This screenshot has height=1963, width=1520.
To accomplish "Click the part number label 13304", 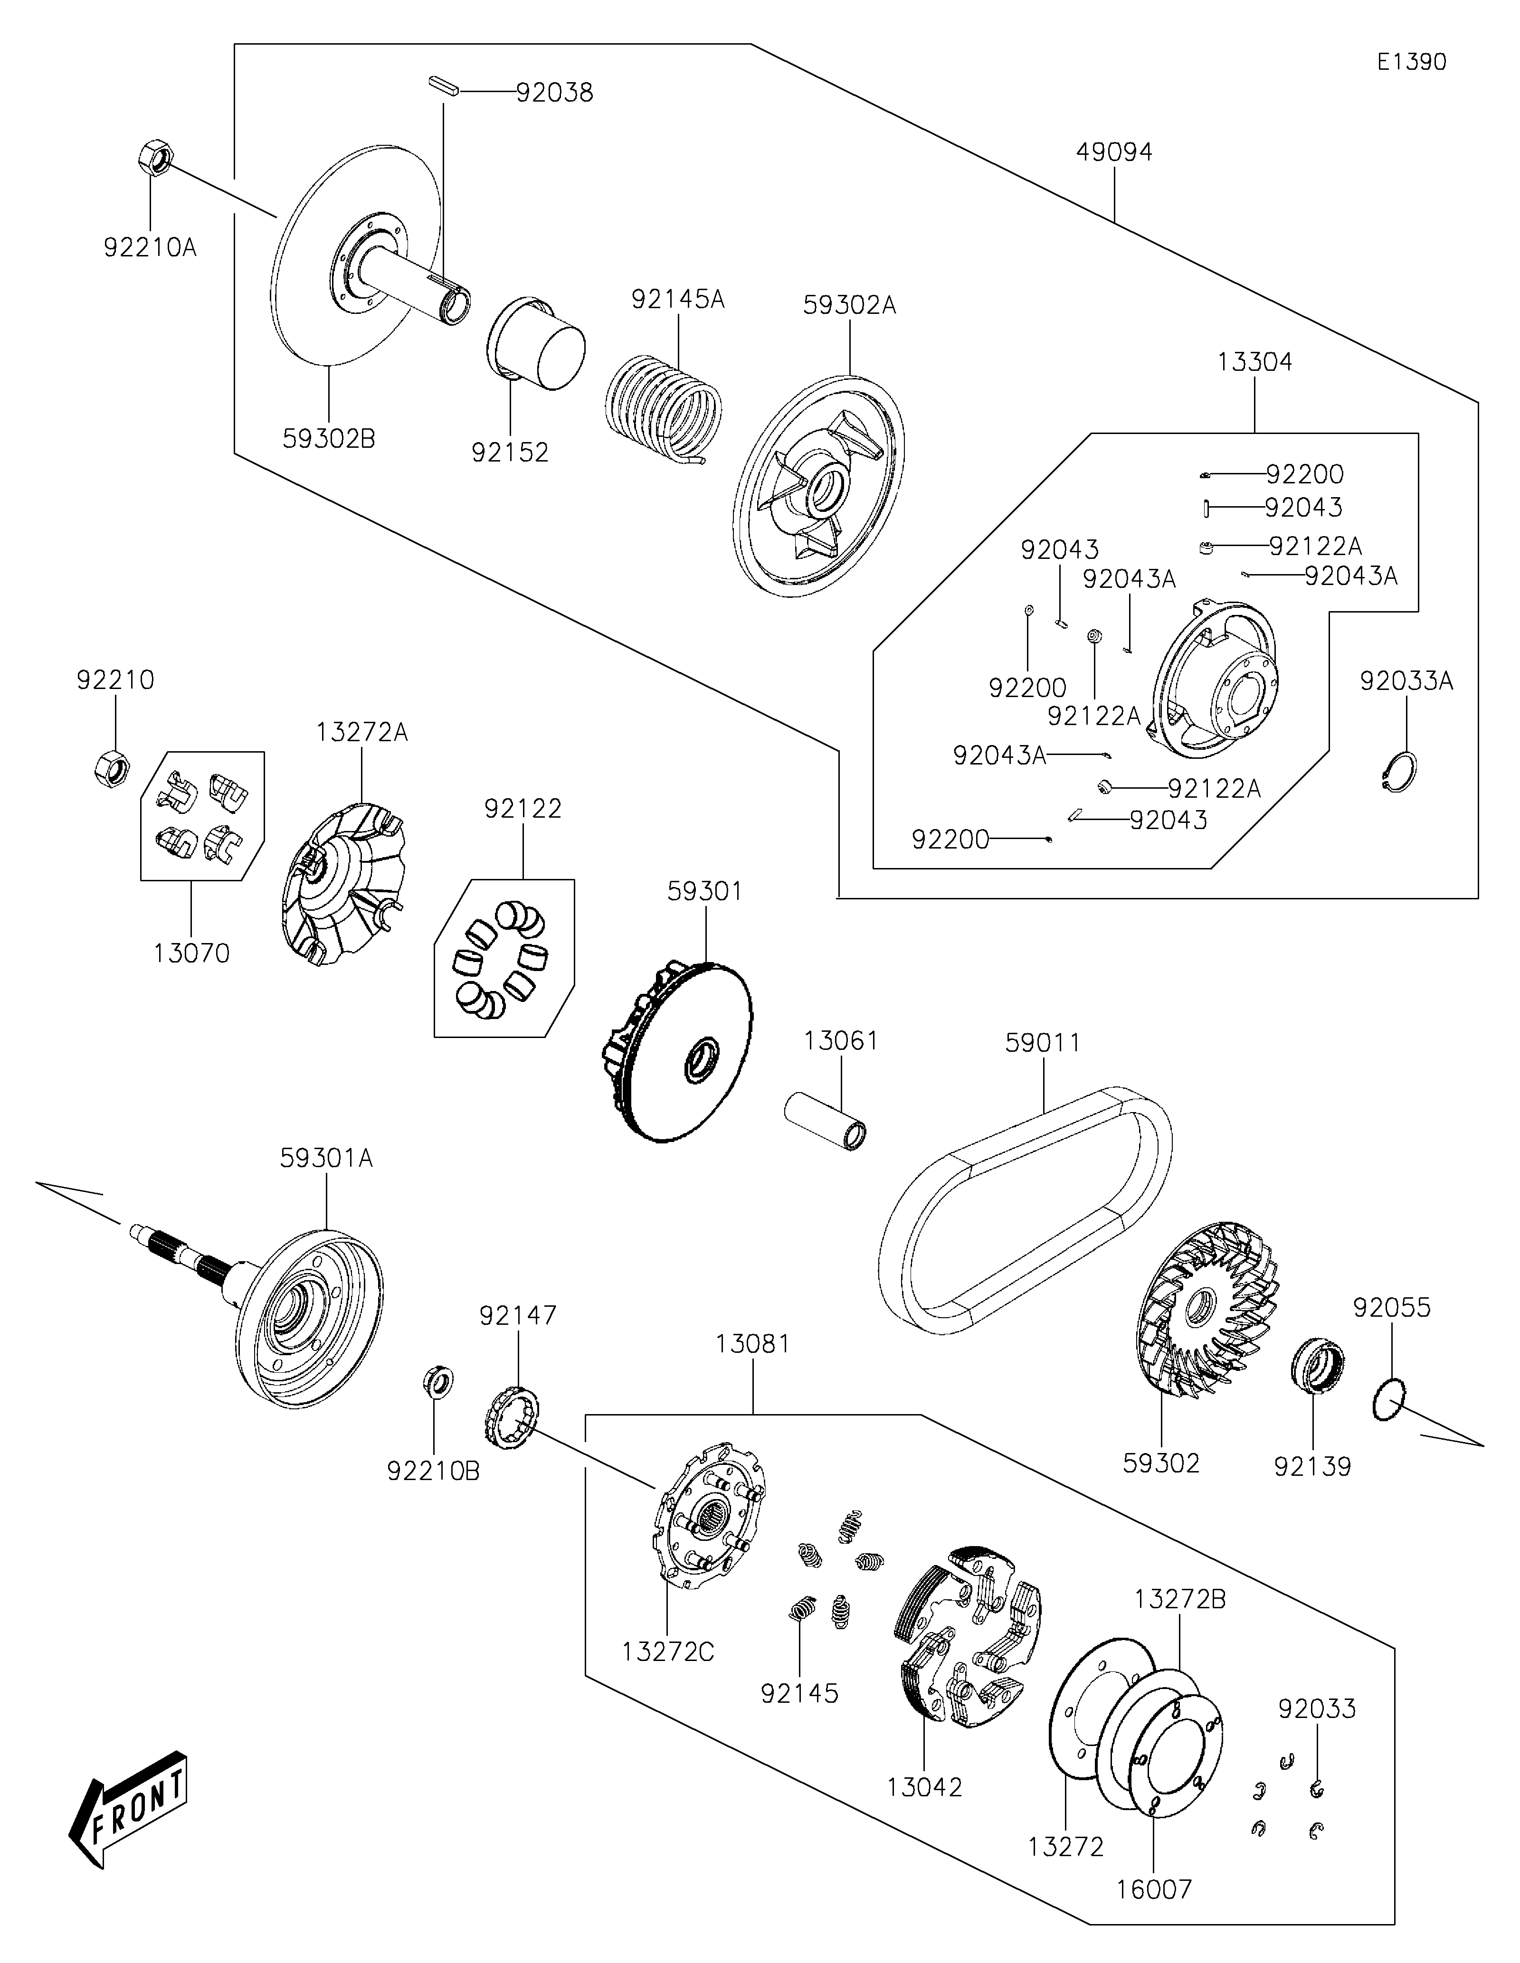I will click(x=1255, y=362).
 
